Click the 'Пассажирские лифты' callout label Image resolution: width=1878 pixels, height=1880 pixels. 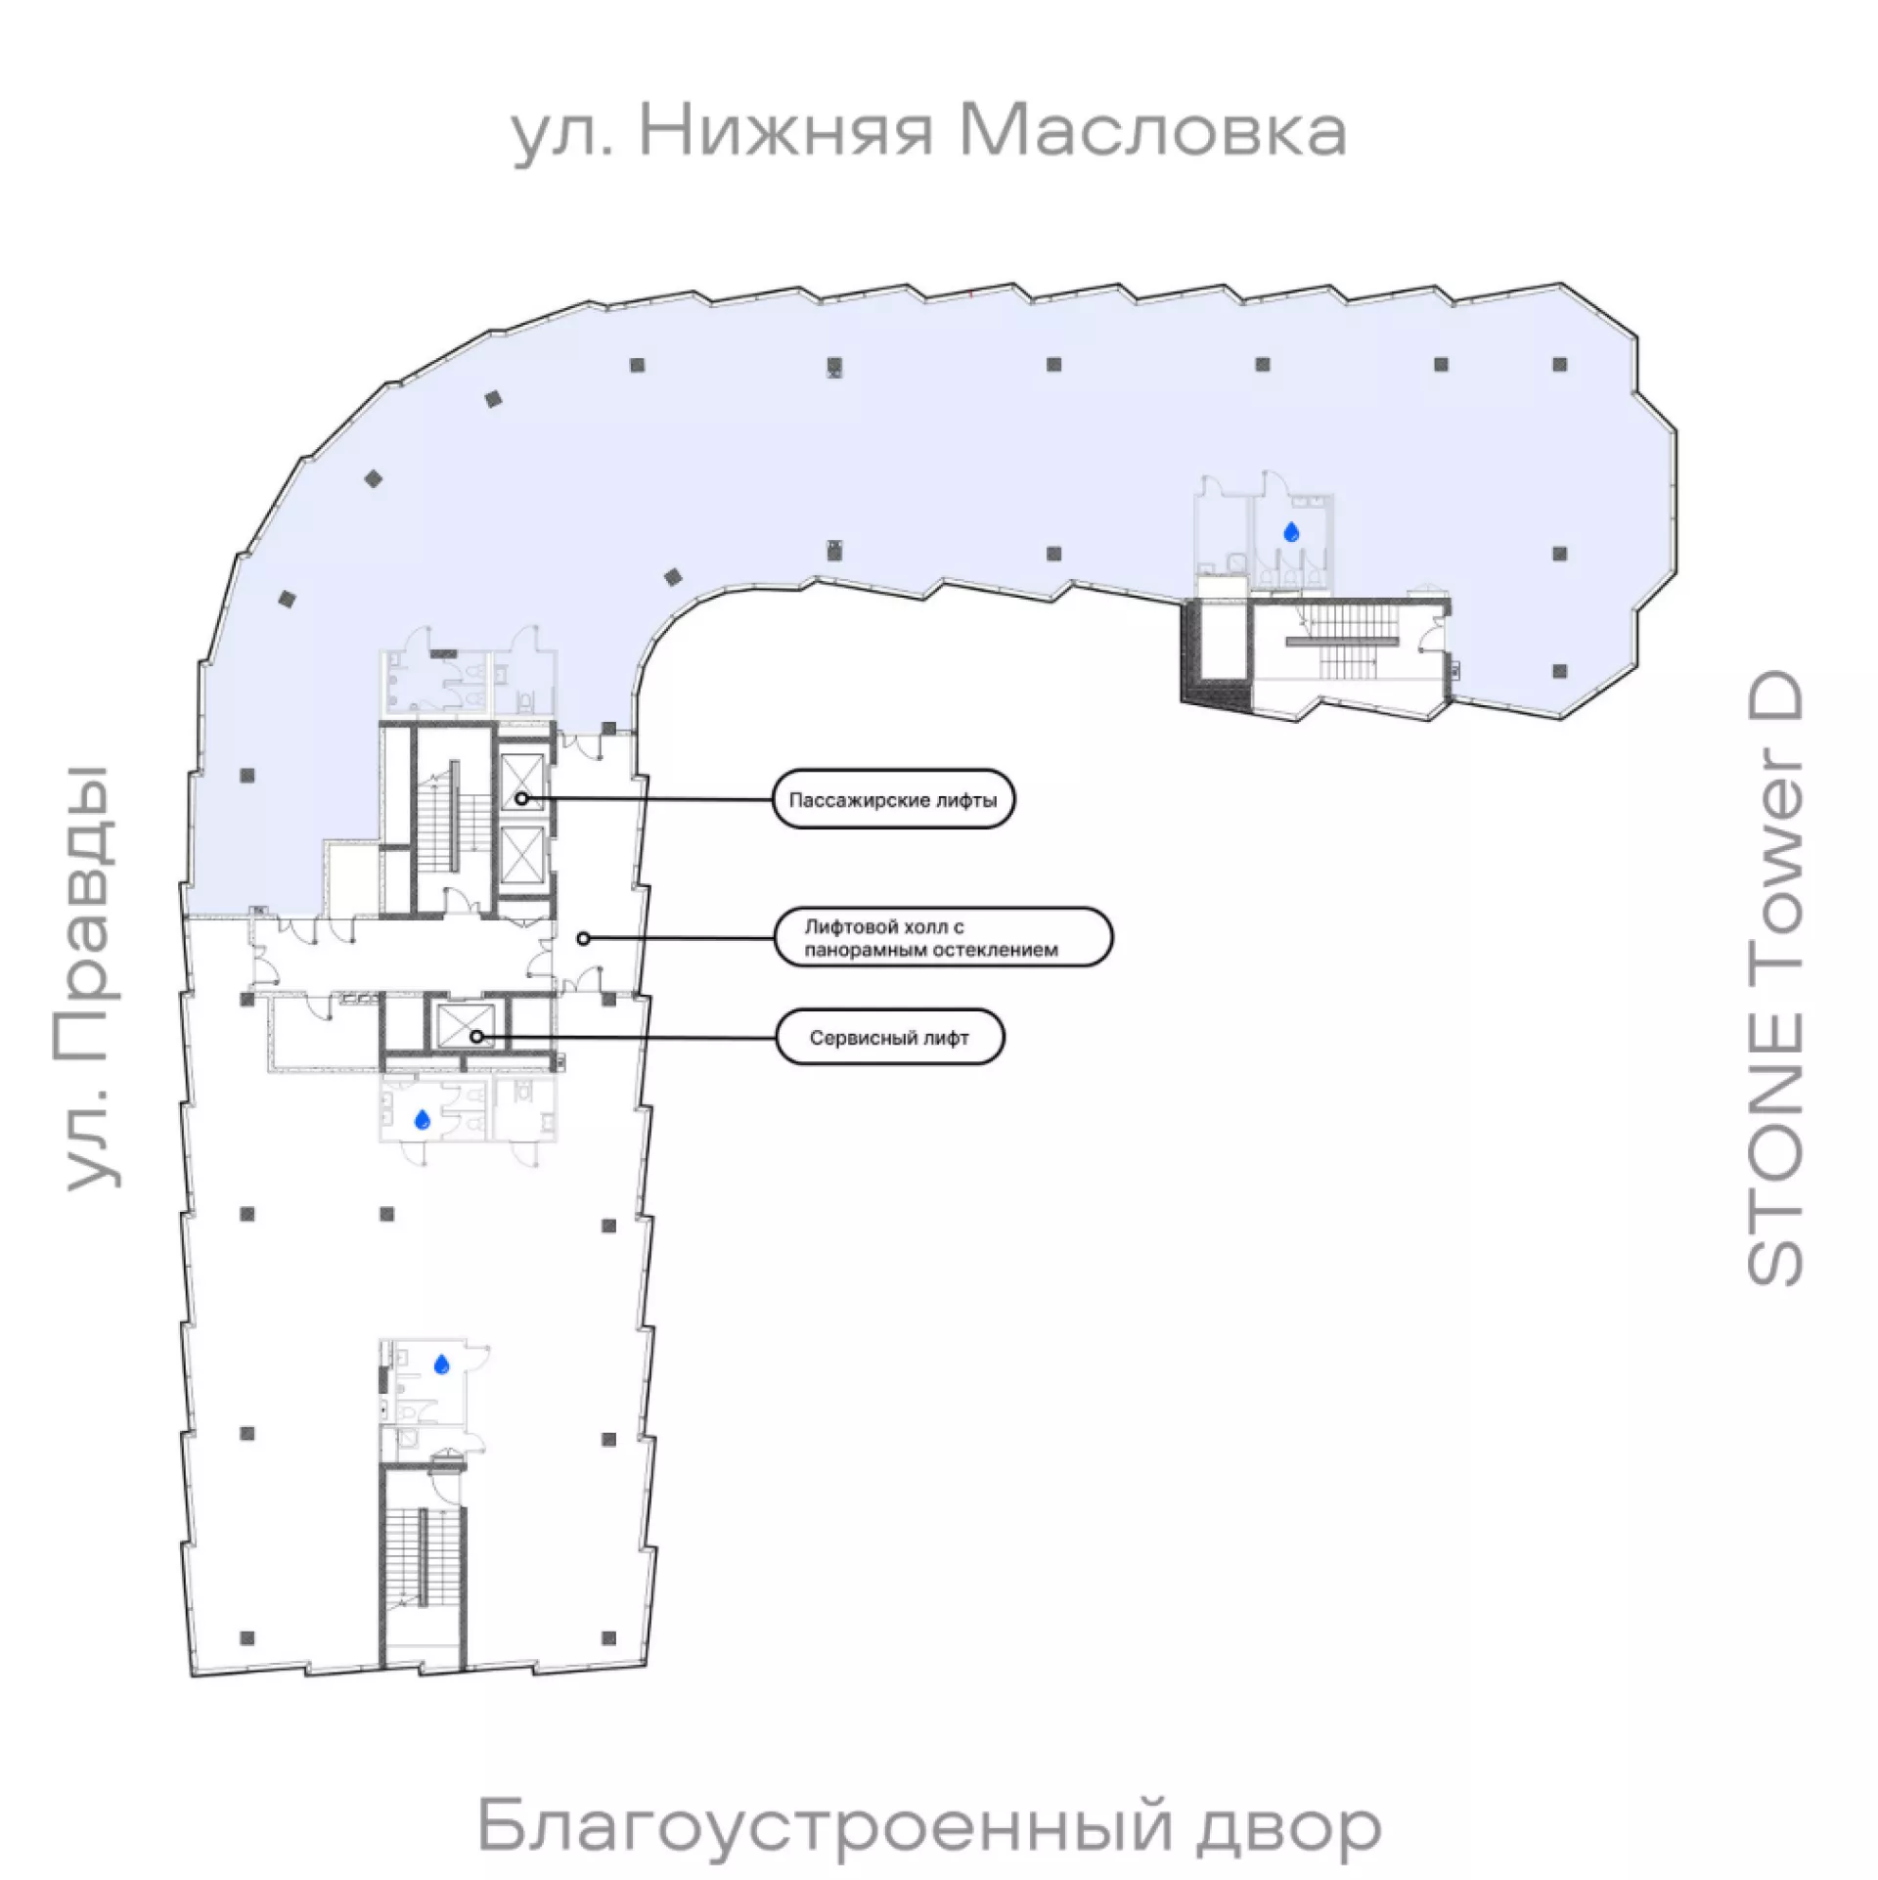pos(892,800)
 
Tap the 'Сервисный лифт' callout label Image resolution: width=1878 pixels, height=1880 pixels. pos(889,1038)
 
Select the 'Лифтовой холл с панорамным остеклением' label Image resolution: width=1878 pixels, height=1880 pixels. pos(943,937)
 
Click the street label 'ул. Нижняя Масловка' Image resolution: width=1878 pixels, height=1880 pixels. pos(929,134)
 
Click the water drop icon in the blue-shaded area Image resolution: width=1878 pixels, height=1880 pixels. pos(1292,532)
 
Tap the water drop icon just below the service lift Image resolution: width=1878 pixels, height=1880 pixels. pos(423,1120)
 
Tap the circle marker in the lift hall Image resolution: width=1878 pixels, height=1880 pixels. pos(583,938)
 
